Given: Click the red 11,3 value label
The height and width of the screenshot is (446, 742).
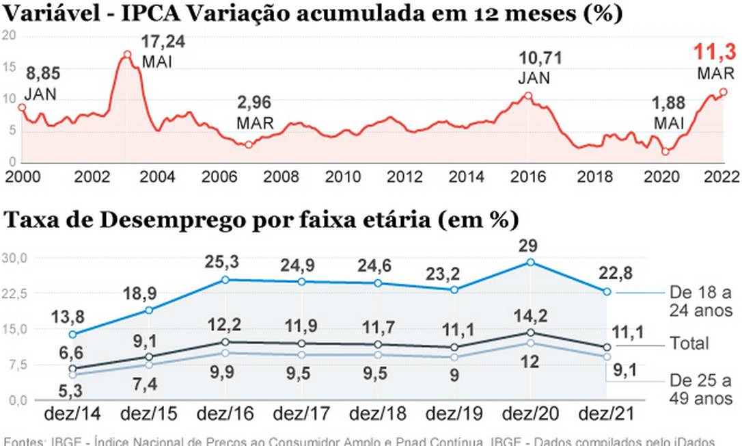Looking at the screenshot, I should click(x=715, y=52).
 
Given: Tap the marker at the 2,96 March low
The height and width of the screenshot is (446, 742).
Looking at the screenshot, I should click(x=249, y=145).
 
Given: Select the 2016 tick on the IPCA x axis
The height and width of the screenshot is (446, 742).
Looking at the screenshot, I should click(x=528, y=176).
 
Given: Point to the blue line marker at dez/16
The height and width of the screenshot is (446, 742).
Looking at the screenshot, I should click(x=225, y=280).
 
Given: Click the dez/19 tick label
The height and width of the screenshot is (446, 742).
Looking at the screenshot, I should click(x=454, y=415).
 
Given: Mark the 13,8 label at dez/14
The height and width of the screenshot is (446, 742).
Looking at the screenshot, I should click(x=70, y=317).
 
